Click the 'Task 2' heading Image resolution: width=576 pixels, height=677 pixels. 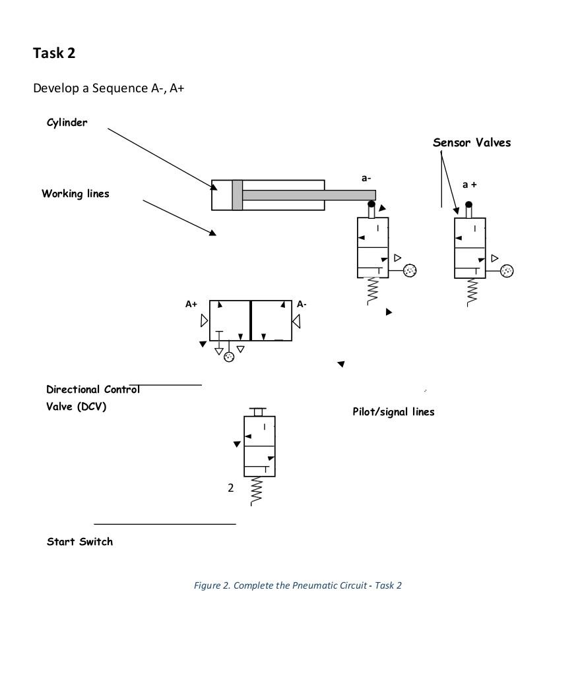(x=54, y=53)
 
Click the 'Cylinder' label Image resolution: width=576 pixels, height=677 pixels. (x=67, y=123)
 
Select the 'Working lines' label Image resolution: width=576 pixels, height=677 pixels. (x=76, y=193)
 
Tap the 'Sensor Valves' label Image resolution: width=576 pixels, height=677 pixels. (x=472, y=142)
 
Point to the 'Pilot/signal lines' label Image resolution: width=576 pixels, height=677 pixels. (x=394, y=412)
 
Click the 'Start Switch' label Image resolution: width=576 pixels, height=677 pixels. (x=80, y=541)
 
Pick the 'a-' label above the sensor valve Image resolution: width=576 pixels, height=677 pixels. (x=366, y=178)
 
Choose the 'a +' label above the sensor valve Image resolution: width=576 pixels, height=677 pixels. (x=469, y=185)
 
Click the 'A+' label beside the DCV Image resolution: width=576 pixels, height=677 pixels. (x=191, y=304)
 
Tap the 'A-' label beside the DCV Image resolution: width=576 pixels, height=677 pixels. (x=302, y=304)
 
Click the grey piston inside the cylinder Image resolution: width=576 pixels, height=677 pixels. (x=238, y=195)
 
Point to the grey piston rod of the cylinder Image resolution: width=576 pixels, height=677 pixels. (x=309, y=195)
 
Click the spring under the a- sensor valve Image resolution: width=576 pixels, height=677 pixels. (x=373, y=291)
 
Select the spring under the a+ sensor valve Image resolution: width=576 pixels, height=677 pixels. (x=472, y=292)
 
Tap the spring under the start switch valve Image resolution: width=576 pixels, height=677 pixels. (x=256, y=491)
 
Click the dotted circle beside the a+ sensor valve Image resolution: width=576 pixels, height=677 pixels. (x=507, y=271)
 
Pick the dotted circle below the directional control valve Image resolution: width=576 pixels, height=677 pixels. (x=229, y=357)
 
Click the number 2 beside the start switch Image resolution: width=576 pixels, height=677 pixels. (x=231, y=488)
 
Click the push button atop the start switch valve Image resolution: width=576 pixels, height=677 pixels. (x=258, y=411)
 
